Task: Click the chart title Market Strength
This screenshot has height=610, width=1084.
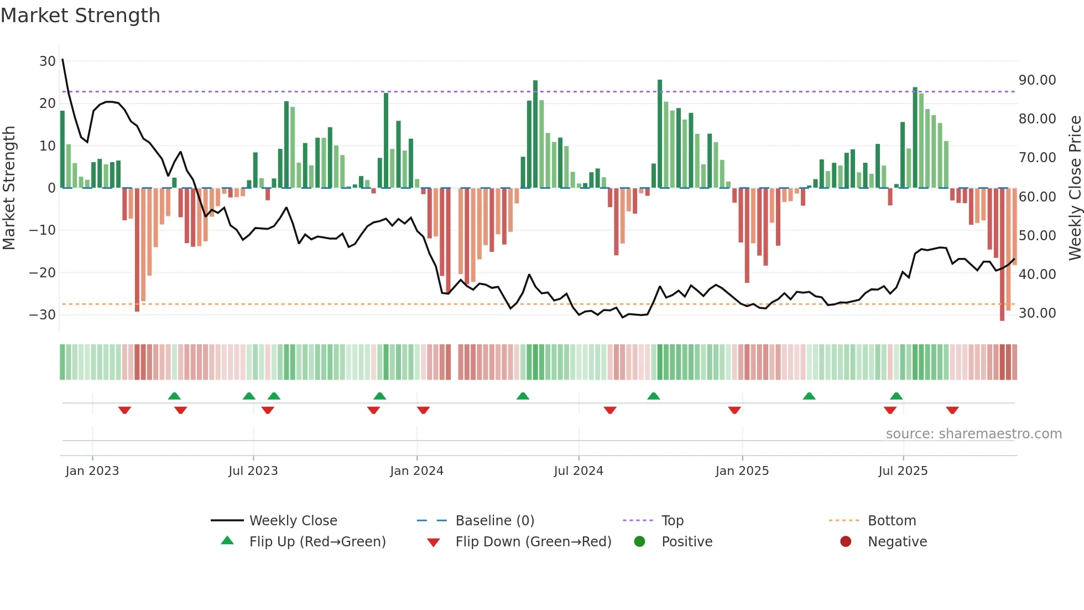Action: [x=80, y=15]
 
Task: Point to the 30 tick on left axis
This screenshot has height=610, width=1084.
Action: [x=48, y=61]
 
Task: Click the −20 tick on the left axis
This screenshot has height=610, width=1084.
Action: [x=43, y=272]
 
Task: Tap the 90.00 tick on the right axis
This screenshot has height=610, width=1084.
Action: [x=1037, y=80]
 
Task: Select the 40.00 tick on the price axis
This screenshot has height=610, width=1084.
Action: [x=1037, y=274]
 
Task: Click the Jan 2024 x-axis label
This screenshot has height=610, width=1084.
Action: [x=416, y=471]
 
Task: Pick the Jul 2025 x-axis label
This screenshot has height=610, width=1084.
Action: [x=903, y=471]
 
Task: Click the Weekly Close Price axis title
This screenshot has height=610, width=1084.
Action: [x=1075, y=188]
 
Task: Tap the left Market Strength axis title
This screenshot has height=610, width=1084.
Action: [x=9, y=188]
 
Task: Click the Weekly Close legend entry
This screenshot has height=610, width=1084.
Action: [x=293, y=521]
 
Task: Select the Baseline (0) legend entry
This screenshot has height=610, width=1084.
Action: [x=494, y=521]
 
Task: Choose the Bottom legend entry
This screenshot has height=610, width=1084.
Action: [x=892, y=521]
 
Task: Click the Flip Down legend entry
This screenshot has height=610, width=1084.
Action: [x=533, y=542]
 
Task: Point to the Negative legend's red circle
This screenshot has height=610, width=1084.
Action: [x=846, y=542]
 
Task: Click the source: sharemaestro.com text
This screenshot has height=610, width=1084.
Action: [x=973, y=434]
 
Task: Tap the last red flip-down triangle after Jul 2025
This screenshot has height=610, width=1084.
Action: [x=952, y=410]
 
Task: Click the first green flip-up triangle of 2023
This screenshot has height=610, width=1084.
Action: [x=174, y=396]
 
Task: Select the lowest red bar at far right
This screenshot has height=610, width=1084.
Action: [x=1002, y=316]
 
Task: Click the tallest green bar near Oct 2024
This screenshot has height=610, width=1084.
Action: [x=660, y=133]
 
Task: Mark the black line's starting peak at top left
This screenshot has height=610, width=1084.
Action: [x=62, y=59]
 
